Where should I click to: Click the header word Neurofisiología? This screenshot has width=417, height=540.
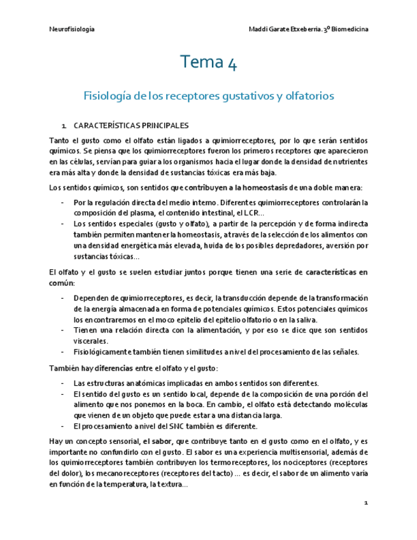coord(72,30)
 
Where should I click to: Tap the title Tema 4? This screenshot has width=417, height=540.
coord(208,62)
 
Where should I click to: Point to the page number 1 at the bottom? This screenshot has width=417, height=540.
coord(366,503)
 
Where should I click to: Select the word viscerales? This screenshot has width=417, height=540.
coord(92,341)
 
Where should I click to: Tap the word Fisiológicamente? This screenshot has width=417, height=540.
coord(106,352)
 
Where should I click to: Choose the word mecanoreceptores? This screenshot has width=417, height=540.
coord(122,473)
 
